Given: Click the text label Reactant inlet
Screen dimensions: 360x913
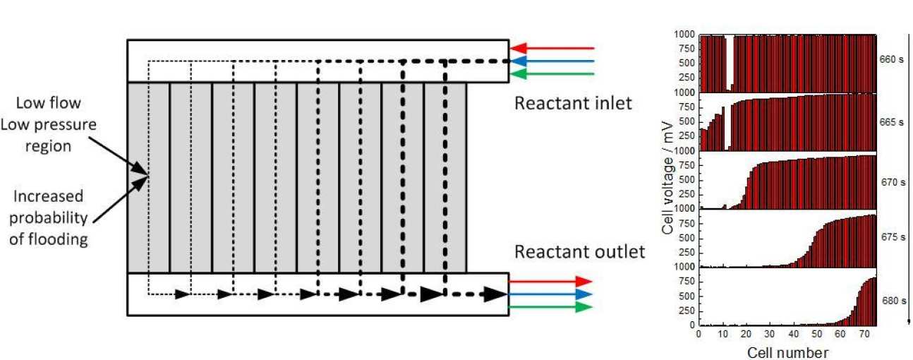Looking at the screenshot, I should [x=572, y=104].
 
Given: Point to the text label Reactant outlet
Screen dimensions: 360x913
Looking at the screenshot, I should [x=579, y=252].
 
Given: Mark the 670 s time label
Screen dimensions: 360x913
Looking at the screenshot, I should [x=891, y=182].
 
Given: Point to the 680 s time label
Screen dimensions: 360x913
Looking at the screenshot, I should [x=891, y=301].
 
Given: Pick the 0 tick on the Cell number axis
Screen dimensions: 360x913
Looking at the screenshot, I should [x=699, y=333].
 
